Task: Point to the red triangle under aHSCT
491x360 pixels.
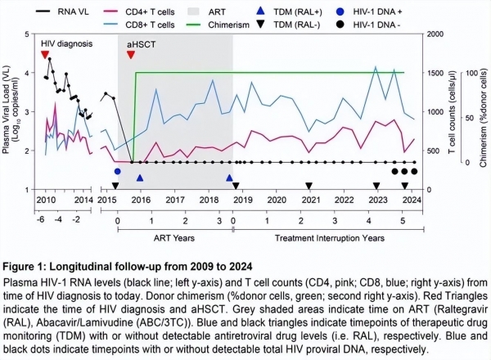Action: coord(131,55)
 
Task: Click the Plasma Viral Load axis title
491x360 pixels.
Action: coord(12,110)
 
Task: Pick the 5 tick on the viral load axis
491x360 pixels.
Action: coord(29,34)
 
